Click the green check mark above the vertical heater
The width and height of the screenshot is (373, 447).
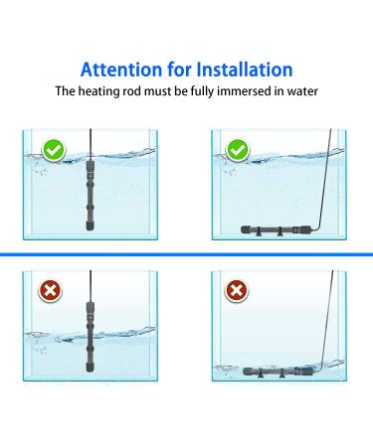click(55, 151)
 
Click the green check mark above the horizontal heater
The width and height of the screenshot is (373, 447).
click(238, 151)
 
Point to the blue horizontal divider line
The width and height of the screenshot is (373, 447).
click(186, 255)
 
